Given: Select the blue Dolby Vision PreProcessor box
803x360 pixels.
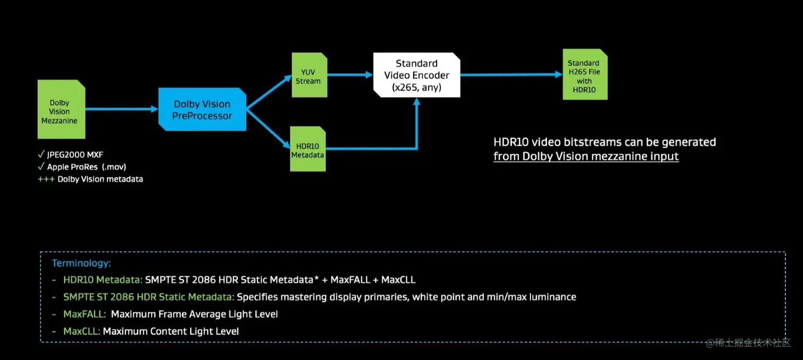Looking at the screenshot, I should pos(202,109).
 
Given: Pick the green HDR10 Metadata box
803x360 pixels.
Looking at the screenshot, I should pos(307,149).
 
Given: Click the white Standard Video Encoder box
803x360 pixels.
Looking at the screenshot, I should pos(416,75).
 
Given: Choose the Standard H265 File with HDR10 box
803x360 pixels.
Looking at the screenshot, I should pos(585,75).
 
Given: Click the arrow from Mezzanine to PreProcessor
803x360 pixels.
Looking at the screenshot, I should pos(122,109).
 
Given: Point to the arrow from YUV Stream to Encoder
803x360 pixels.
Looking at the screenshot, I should pos(349,75).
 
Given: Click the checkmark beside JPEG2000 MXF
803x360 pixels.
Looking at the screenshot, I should pos(41,155).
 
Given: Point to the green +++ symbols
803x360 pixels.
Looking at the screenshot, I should pos(46,179).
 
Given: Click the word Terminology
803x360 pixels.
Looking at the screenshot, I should pos(81,263).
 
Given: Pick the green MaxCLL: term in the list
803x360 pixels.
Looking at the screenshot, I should pos(81,331).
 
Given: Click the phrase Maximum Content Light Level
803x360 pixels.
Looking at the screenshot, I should pos(171,331).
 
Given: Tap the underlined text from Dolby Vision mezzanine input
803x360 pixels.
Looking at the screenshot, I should pos(586,156).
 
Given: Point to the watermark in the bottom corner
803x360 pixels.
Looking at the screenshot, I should pos(748,343).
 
